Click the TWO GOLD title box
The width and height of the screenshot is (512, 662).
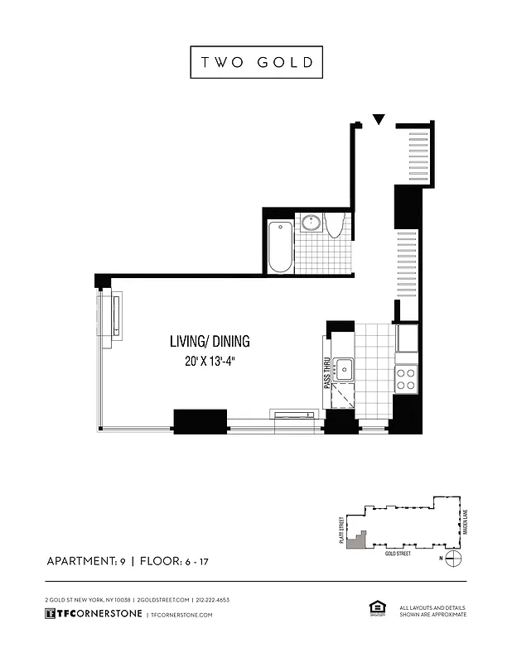click(256, 63)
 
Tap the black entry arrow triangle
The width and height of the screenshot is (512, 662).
click(379, 120)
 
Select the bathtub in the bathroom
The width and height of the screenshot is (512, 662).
click(280, 246)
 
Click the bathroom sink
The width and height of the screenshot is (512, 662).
click(312, 223)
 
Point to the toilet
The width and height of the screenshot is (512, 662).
click(336, 224)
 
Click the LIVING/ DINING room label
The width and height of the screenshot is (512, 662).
click(210, 341)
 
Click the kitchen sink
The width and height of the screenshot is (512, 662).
click(344, 369)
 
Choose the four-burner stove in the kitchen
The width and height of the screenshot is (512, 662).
click(406, 380)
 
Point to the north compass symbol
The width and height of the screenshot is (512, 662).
click(452, 559)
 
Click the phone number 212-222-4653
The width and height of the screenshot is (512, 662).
click(212, 599)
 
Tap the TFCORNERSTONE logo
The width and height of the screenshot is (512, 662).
click(93, 614)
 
